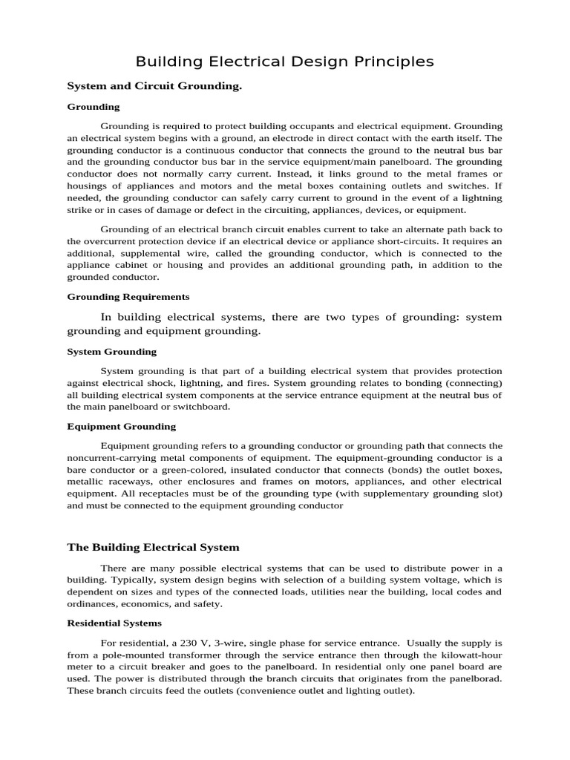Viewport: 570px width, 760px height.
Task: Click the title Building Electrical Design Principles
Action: pyautogui.click(x=284, y=62)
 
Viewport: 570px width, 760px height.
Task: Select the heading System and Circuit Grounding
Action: pyautogui.click(x=154, y=87)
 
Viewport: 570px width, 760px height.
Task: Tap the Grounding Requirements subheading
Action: pyautogui.click(x=128, y=296)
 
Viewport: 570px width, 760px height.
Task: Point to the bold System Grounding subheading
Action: pyautogui.click(x=111, y=351)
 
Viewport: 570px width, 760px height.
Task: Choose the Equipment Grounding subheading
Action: pyautogui.click(x=121, y=426)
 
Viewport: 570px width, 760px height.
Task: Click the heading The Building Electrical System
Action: pyautogui.click(x=153, y=547)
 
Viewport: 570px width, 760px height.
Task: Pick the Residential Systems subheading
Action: pyautogui.click(x=114, y=623)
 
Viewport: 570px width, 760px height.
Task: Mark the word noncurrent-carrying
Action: pyautogui.click(x=114, y=458)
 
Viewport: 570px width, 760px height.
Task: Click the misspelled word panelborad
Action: pyautogui.click(x=475, y=678)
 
